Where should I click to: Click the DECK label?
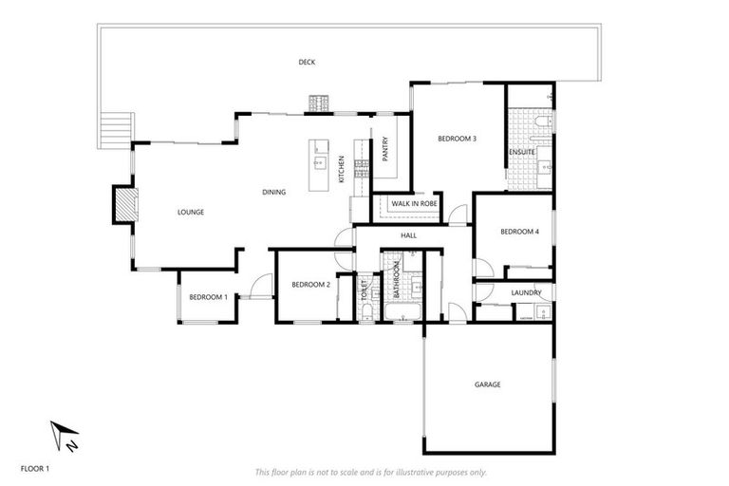point(307,63)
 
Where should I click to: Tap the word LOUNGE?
point(191,212)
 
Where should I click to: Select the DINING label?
point(274,193)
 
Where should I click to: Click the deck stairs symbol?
point(113,128)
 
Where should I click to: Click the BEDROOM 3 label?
point(457,140)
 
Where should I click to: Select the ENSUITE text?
point(521,152)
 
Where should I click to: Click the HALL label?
point(408,234)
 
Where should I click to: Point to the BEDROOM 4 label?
point(519,232)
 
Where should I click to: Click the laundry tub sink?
point(537,311)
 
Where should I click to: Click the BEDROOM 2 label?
point(310,285)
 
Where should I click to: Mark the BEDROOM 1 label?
point(208,297)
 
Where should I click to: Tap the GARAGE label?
point(487,384)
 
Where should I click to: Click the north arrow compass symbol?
point(65,436)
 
